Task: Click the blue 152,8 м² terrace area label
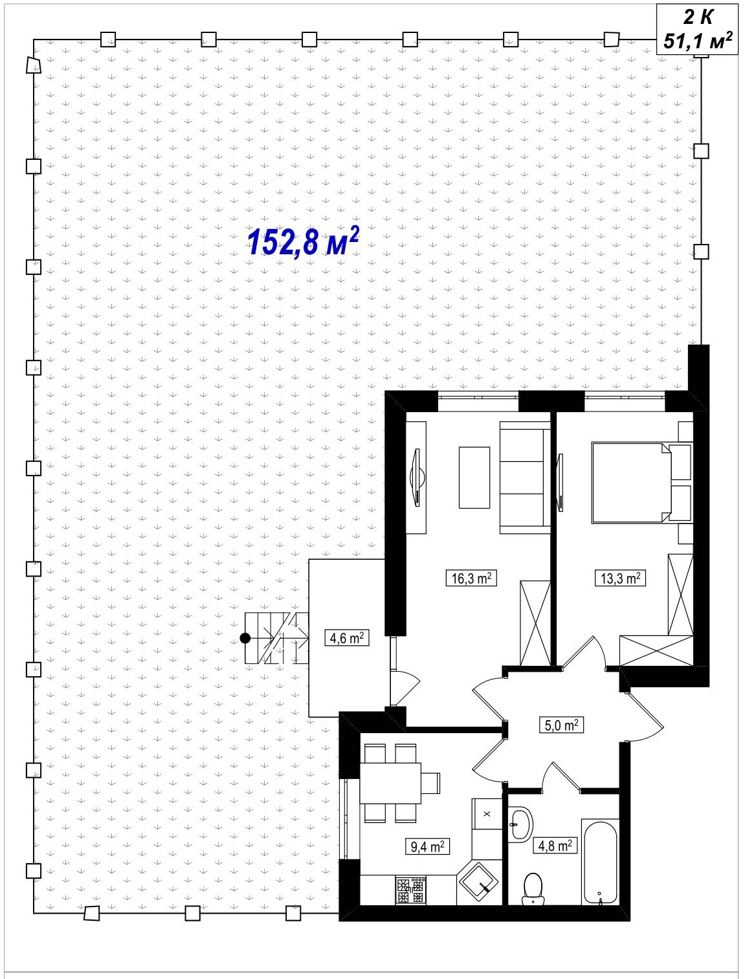pos(303,242)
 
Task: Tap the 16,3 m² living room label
pos(471,578)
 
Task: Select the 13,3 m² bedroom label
pos(620,578)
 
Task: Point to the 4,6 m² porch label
pos(347,638)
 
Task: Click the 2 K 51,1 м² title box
pos(697,29)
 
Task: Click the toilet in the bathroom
pos(533,889)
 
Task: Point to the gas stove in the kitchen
pos(410,890)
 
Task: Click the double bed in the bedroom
pos(632,482)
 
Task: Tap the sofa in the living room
pos(525,478)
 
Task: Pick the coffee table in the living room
pos(474,478)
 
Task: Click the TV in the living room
pos(417,478)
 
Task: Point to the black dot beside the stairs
pos(245,638)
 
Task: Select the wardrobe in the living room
pos(535,623)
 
